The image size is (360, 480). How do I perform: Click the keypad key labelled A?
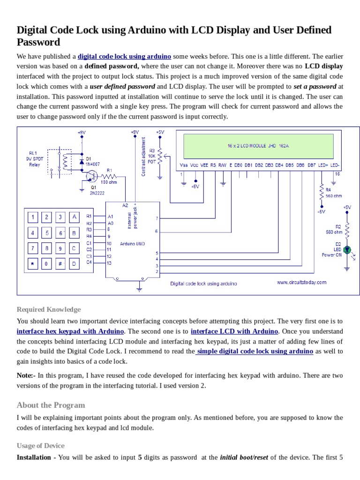74,217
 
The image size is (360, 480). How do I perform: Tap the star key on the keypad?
32,264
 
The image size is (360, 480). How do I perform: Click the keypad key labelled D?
74,264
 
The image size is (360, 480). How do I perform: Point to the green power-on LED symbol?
347,250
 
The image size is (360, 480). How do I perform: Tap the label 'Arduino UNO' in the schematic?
133,244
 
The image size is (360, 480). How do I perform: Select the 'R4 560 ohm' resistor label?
333,193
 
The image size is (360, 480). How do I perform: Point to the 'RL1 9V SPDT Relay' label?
35,158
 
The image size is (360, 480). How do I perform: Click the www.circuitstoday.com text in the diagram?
301,283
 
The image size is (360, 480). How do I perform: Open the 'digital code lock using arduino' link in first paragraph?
124,56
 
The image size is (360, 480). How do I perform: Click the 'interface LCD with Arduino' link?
234,331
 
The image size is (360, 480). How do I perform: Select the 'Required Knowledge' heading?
49,309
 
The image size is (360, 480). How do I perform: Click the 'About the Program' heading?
51,405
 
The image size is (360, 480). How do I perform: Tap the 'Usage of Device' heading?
40,445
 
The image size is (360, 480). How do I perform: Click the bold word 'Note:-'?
26,375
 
